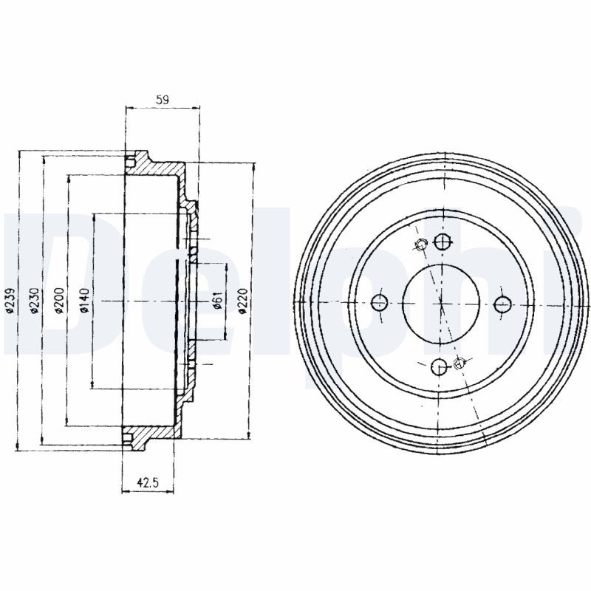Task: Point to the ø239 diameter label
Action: (10, 301)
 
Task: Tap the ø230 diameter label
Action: (34, 301)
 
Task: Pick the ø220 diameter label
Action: (244, 301)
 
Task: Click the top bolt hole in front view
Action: (442, 241)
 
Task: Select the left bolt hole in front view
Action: (379, 301)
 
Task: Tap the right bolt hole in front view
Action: (502, 303)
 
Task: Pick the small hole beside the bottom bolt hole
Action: (461, 362)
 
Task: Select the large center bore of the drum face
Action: (441, 301)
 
